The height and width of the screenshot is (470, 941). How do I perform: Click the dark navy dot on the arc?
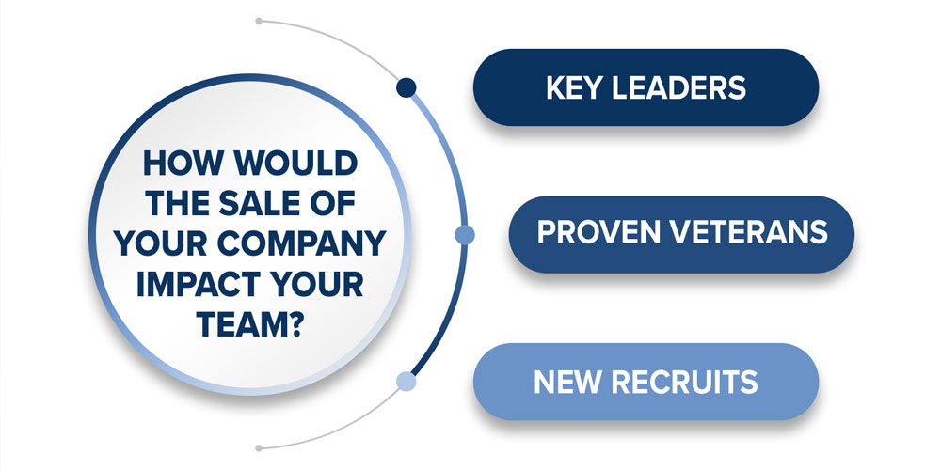point(406,88)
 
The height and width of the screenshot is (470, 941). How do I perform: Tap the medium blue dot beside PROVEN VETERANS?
point(464,235)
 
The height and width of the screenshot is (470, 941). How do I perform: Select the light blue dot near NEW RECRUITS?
point(406,381)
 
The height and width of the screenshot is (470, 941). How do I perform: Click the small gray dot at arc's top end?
point(258,19)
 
